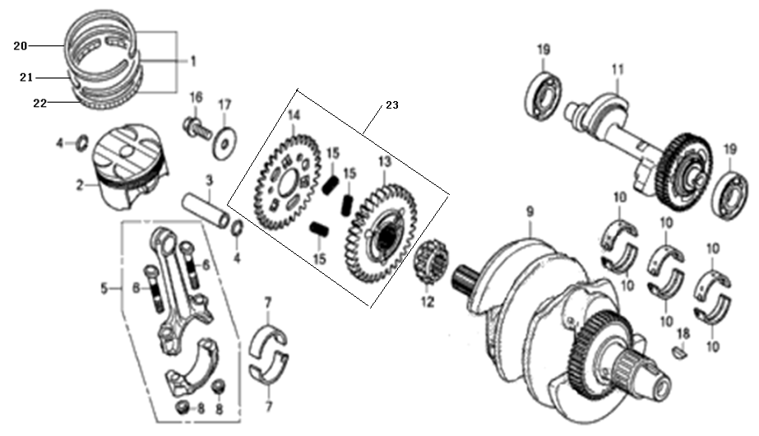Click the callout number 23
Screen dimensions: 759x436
(392, 104)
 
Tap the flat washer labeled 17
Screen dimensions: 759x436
(224, 143)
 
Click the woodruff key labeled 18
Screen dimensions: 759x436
(680, 352)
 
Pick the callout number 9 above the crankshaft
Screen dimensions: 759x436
(530, 211)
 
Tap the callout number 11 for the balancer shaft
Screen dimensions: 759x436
(618, 70)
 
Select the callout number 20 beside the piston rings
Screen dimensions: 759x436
(20, 46)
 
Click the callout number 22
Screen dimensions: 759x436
(40, 103)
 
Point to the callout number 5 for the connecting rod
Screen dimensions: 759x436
(104, 289)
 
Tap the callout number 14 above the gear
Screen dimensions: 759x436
(294, 115)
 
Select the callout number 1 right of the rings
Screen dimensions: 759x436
(192, 61)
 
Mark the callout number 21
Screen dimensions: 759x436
(26, 77)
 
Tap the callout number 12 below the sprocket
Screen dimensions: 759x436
(428, 302)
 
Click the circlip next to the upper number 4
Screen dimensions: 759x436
(83, 142)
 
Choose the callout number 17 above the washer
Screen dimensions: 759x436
(224, 104)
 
